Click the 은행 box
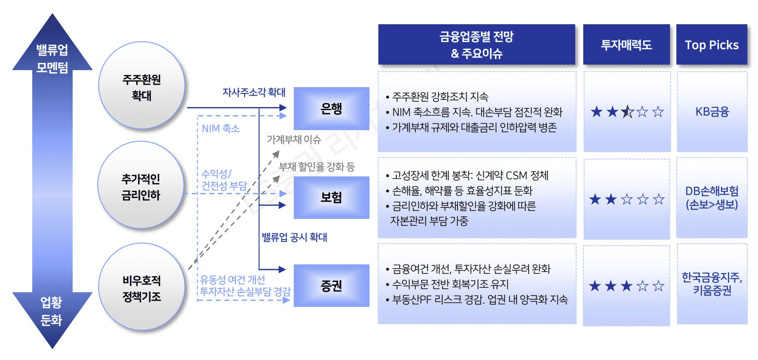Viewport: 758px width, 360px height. tap(331, 108)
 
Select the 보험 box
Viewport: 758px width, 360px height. tap(331, 197)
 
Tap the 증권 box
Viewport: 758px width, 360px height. tap(331, 286)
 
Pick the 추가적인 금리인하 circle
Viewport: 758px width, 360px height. tap(141, 185)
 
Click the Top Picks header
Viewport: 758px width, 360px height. tap(712, 45)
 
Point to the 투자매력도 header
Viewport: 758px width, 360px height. tap(626, 45)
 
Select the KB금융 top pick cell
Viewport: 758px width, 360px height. tap(712, 112)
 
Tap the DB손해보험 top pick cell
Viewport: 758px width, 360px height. tap(712, 198)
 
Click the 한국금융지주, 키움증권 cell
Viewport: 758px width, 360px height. tap(712, 283)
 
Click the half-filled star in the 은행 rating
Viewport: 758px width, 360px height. tap(627, 112)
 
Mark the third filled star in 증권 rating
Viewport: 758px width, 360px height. tap(627, 286)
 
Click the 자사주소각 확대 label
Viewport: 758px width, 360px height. tap(254, 92)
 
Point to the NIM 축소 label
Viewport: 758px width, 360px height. tap(221, 128)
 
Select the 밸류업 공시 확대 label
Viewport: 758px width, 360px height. tap(294, 237)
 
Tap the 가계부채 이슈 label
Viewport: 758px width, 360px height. tap(294, 139)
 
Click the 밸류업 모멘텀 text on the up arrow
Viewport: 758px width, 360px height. tap(52, 58)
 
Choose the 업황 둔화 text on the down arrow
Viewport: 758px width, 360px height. tap(51, 311)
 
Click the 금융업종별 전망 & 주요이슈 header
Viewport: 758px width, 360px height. tap(477, 45)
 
